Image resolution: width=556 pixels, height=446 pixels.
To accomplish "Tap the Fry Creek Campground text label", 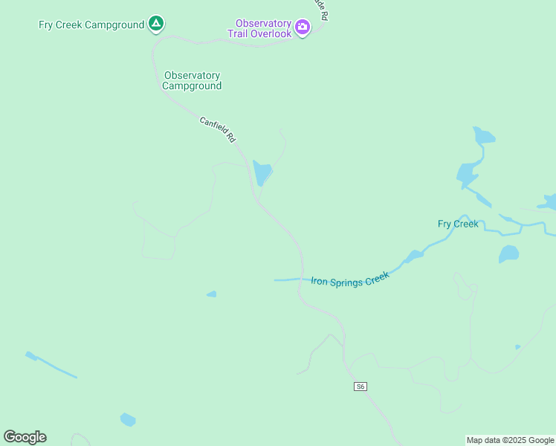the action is [91, 25].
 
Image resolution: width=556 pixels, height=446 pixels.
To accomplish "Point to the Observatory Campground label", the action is [193, 80].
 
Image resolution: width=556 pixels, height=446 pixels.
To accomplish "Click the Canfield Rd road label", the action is [217, 129].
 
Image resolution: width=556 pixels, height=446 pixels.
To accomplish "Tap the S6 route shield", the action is [361, 387].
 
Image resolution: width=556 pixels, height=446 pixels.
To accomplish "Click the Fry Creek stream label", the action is [458, 224].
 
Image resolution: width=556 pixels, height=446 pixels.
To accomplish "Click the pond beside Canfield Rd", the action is [262, 172].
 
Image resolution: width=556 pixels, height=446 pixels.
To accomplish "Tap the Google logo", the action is [25, 437].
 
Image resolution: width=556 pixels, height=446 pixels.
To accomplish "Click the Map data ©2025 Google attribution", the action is [510, 440].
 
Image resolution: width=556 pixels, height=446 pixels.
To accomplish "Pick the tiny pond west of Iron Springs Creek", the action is [212, 294].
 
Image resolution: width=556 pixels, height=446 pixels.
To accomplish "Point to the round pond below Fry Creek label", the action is [509, 254].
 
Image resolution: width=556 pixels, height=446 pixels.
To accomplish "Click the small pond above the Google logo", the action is [128, 420].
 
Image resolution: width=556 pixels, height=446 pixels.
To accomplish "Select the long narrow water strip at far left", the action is [51, 365].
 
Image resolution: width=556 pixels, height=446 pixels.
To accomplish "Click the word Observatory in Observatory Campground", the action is [193, 75].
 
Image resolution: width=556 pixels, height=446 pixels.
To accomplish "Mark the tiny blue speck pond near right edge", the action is [518, 347].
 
